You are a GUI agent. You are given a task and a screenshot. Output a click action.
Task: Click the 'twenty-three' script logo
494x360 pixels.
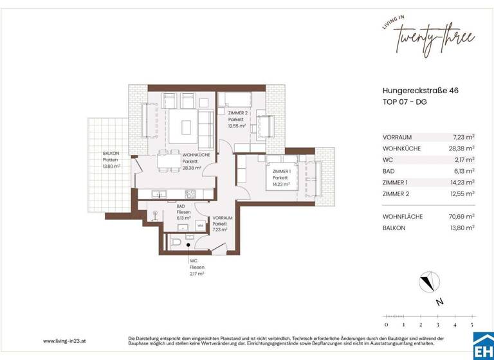435,39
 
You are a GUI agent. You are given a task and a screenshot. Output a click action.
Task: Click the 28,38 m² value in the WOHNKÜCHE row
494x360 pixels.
462,148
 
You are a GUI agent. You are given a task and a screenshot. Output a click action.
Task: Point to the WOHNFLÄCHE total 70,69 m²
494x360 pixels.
462,217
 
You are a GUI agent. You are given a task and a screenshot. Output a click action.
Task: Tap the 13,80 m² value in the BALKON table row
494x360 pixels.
462,228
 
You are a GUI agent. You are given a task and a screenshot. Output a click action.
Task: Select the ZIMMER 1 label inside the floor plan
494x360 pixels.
282,172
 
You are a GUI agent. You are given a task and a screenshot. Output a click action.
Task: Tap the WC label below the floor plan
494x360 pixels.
193,261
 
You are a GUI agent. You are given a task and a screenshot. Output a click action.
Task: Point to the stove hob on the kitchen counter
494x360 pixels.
190,194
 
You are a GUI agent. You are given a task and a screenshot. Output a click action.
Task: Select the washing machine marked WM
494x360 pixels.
201,226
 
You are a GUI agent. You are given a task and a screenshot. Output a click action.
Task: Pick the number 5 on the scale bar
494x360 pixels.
472,325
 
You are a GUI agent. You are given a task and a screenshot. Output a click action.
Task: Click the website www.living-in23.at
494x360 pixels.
66,341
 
